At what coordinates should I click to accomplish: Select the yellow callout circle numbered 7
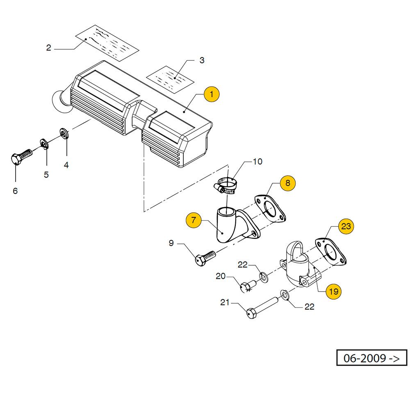click(x=194, y=221)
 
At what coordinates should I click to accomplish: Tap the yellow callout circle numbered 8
click(x=287, y=183)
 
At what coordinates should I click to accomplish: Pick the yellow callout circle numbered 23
click(x=346, y=226)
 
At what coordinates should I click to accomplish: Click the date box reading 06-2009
click(x=371, y=358)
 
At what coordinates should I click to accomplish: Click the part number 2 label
click(x=48, y=48)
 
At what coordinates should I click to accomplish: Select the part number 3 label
click(x=202, y=61)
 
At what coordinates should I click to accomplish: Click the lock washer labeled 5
click(x=43, y=143)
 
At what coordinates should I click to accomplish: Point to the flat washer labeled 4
click(x=64, y=133)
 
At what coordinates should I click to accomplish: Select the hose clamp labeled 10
click(x=225, y=185)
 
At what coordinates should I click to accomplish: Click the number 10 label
click(x=257, y=162)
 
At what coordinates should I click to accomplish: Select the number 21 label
click(x=225, y=303)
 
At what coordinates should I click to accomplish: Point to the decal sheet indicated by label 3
click(x=171, y=78)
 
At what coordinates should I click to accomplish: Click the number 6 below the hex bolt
click(x=15, y=191)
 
